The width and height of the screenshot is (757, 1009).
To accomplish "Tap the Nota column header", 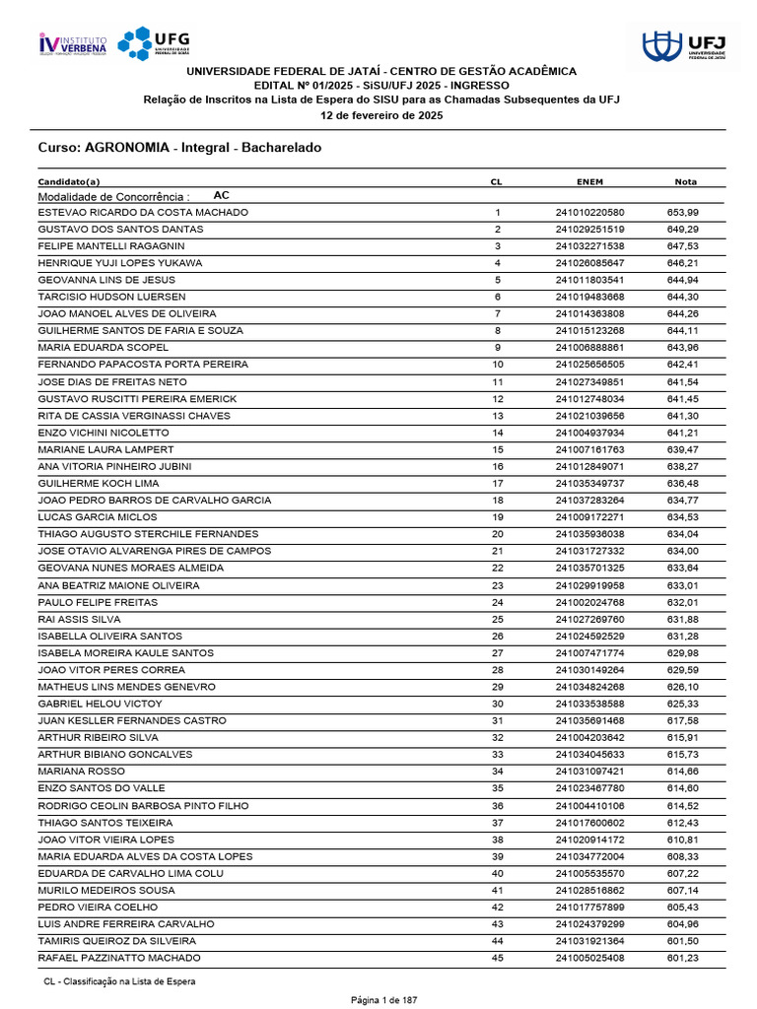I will point(684,181).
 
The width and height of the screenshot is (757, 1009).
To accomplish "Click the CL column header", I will point(497,181).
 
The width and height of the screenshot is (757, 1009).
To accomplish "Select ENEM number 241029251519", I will point(589,229).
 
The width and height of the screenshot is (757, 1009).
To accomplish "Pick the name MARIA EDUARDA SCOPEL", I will point(103,348).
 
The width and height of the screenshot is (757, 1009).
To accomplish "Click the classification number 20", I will point(498,534).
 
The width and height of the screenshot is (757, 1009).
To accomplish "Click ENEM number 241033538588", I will point(589,704).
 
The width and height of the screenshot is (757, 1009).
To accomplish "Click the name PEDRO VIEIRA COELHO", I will point(98,907).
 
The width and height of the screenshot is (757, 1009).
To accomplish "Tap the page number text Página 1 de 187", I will point(385,1000).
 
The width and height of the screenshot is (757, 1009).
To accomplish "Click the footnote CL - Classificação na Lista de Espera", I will point(119,981).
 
